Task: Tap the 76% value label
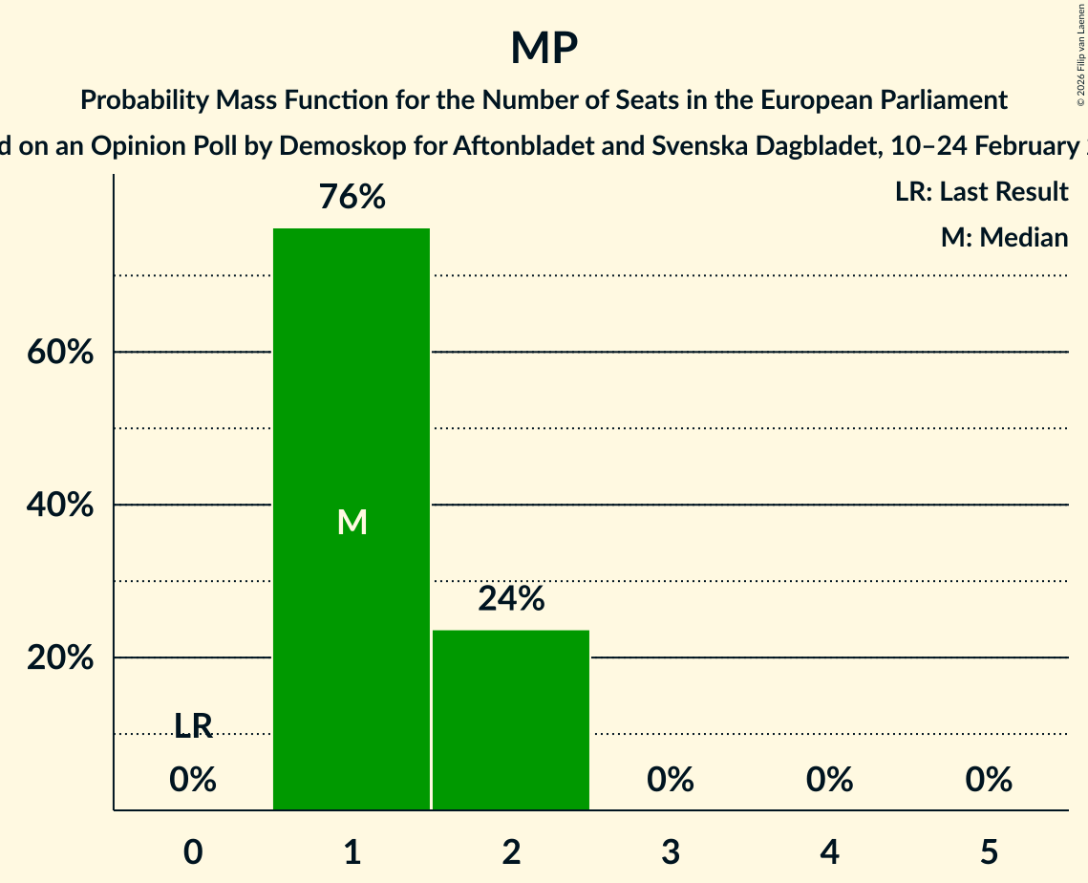click(x=352, y=198)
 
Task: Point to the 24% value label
click(x=511, y=599)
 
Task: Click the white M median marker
click(x=352, y=522)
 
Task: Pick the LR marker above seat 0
click(x=193, y=726)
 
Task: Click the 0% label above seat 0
click(x=193, y=780)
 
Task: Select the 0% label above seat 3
click(x=671, y=780)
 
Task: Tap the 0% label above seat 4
click(x=829, y=780)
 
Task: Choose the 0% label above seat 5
click(x=989, y=780)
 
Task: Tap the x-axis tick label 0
click(x=193, y=851)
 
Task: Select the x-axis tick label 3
click(x=671, y=851)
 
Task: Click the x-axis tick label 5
click(x=989, y=851)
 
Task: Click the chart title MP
click(x=544, y=48)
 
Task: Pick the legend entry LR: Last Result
click(x=982, y=192)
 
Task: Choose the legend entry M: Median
click(x=1004, y=237)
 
